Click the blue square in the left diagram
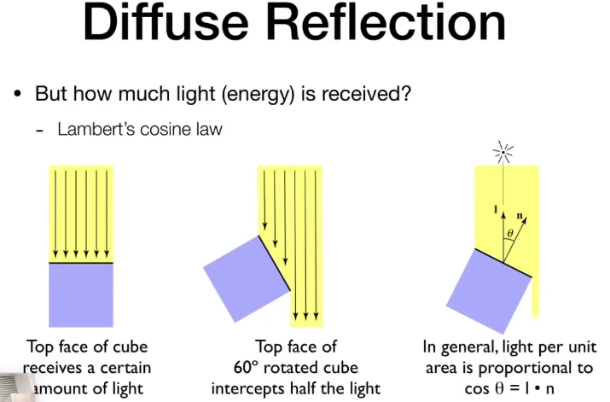(81, 294)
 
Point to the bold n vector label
(520, 206)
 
